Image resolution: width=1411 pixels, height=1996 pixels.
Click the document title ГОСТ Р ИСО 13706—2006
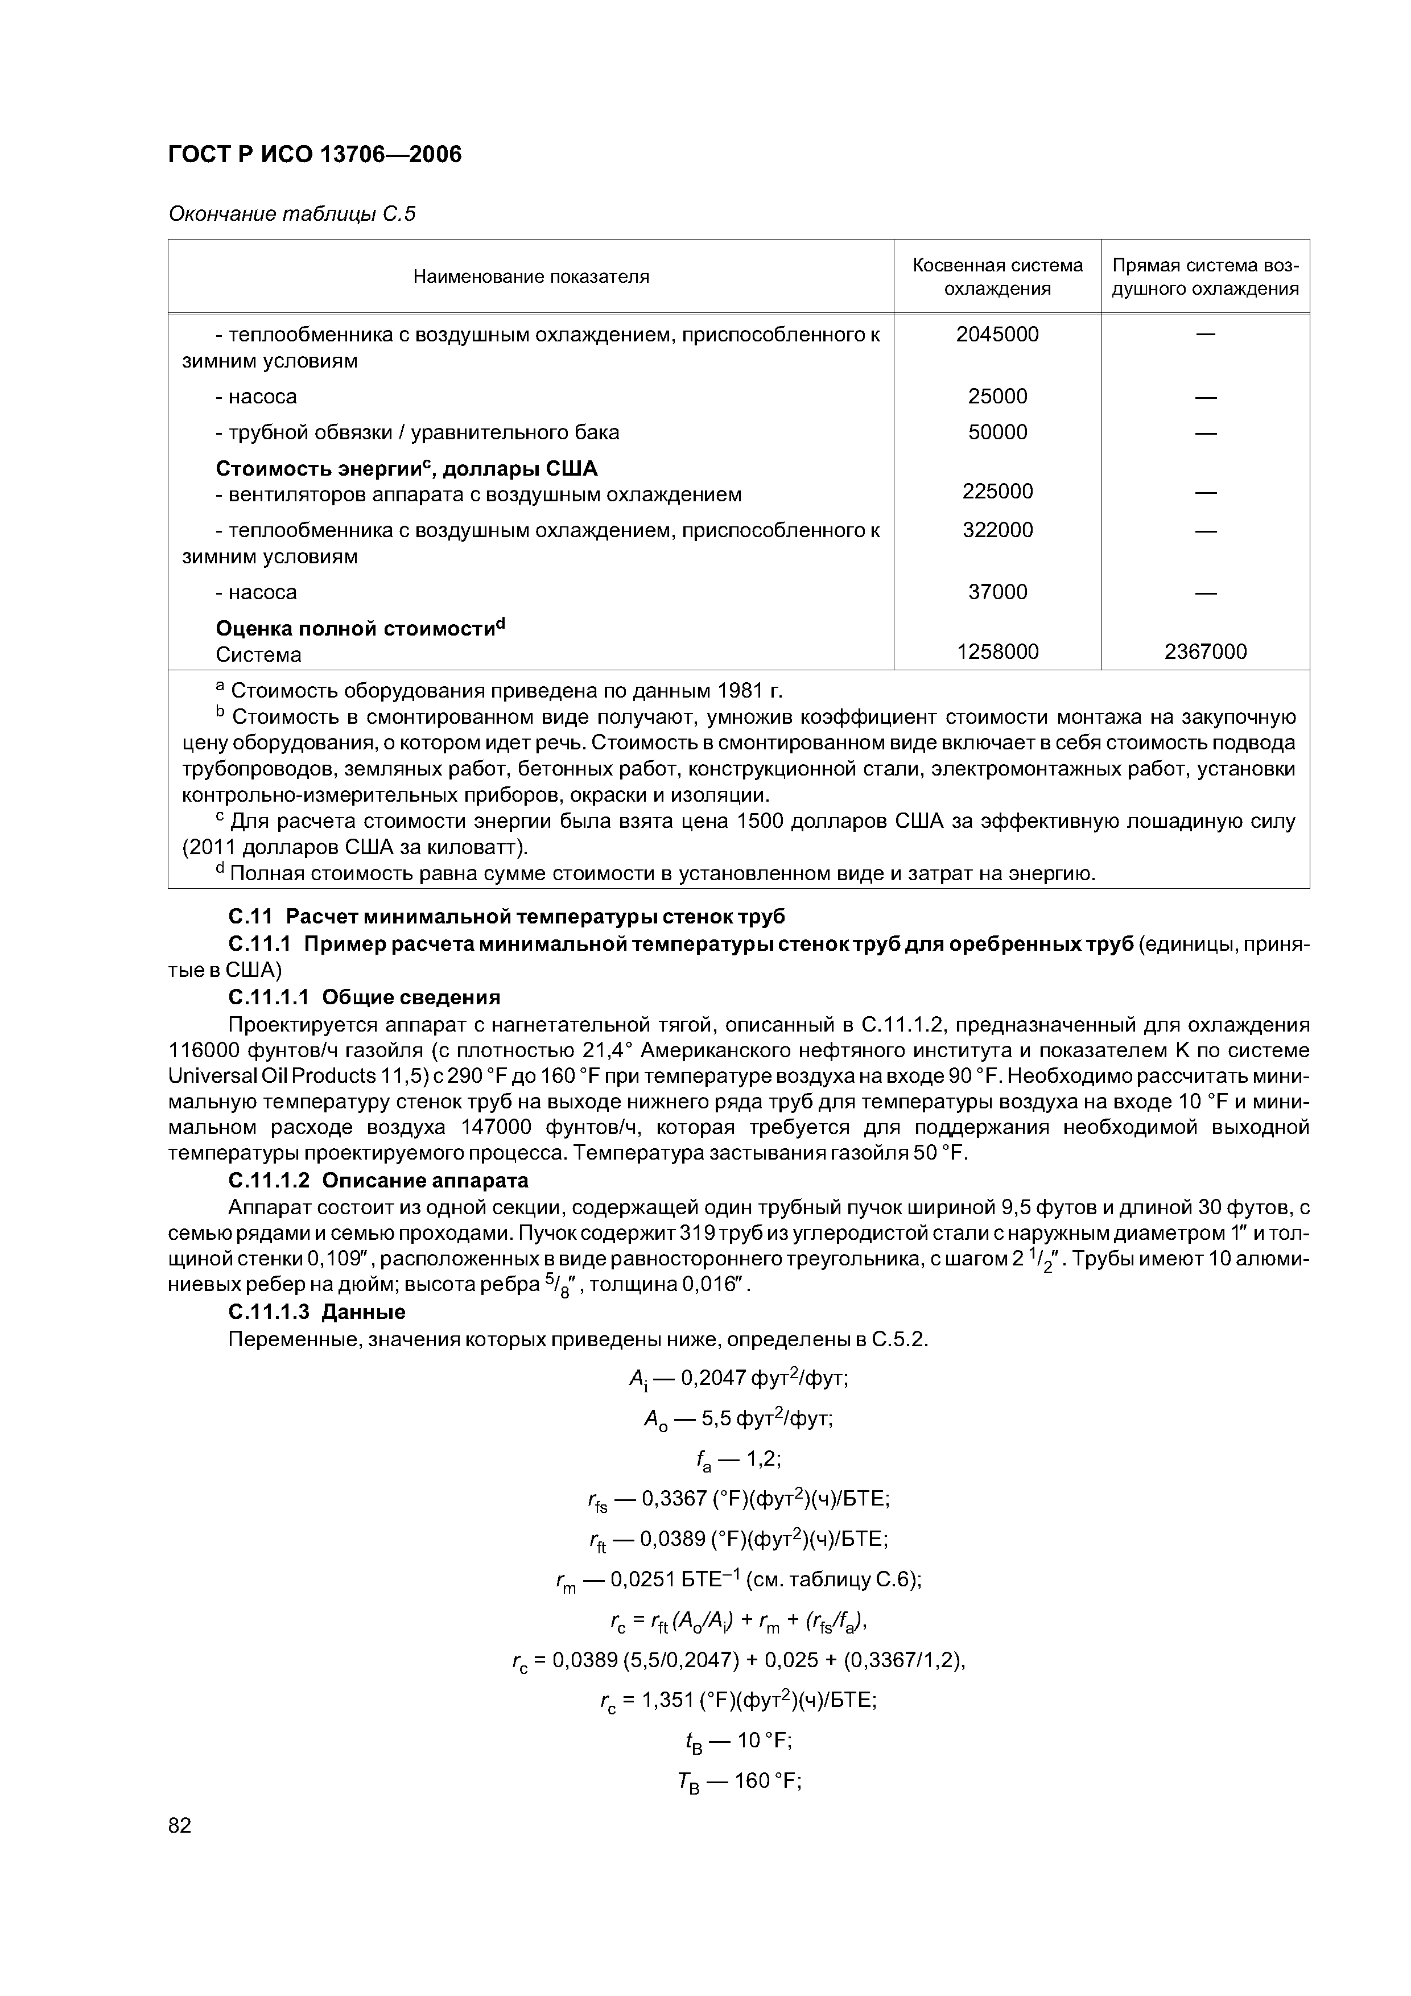coord(314,155)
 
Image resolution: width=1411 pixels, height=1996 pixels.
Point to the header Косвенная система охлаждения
coord(997,277)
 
